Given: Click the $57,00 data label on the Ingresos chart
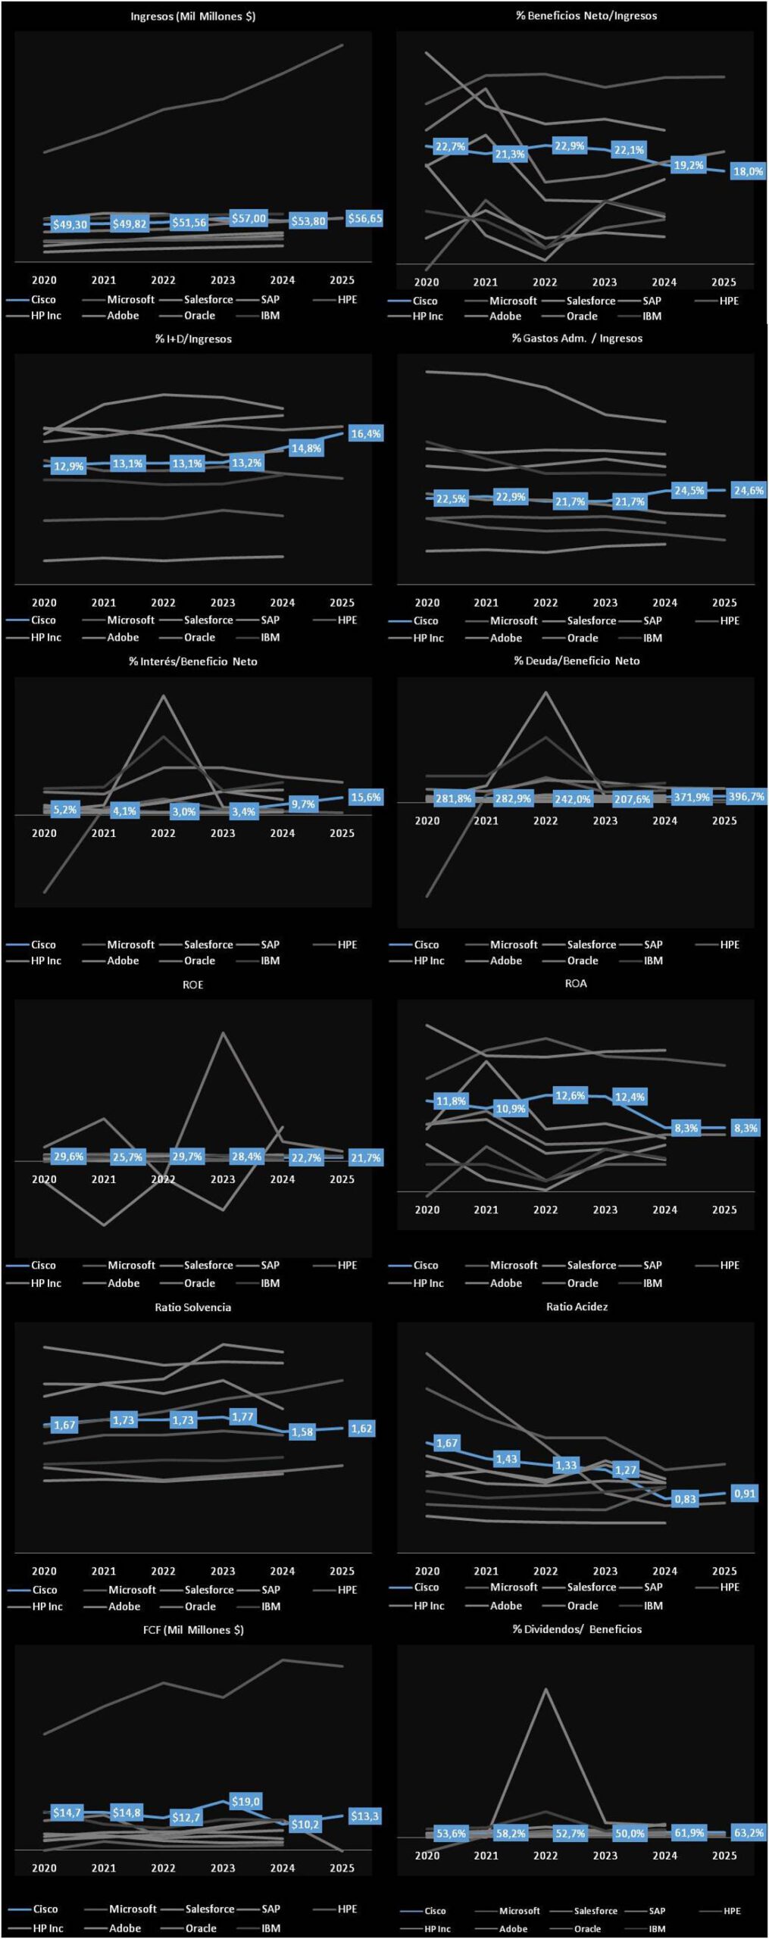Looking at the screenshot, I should click(249, 219).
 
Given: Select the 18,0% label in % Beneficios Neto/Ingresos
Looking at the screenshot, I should click(748, 171).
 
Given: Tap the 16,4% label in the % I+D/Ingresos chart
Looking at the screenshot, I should click(365, 433).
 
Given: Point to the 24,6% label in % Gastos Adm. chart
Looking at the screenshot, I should click(749, 490).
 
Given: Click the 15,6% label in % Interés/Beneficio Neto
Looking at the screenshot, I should click(365, 797).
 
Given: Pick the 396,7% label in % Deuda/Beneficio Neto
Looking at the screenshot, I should click(746, 796).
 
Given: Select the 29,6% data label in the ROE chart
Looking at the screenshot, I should click(68, 1157).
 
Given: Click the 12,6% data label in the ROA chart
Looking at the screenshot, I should click(570, 1095).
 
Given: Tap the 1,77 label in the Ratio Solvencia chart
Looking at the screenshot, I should click(242, 1416).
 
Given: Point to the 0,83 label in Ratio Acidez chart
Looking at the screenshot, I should click(685, 1499).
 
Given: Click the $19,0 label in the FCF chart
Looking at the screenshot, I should click(245, 1801).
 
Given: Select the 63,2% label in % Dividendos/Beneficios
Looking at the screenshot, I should click(749, 1833).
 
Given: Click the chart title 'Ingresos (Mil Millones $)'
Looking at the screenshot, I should click(192, 16).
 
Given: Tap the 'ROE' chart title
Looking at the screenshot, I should click(192, 985).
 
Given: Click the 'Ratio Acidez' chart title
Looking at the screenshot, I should click(577, 1307).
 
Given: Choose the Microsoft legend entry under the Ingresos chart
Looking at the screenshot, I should click(130, 299).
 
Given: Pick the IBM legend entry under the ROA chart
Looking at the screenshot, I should click(652, 1283).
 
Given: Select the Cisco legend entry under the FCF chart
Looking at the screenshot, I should click(45, 1909).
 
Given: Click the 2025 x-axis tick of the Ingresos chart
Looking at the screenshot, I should click(342, 280).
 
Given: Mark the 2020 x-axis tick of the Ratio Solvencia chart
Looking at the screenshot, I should click(44, 1571).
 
